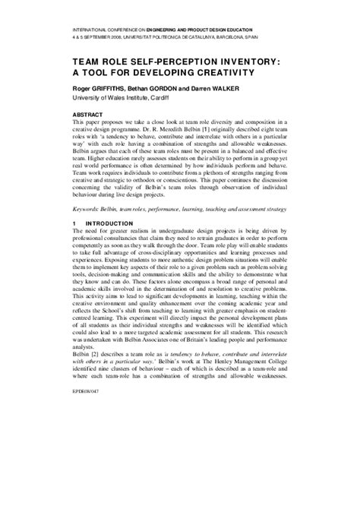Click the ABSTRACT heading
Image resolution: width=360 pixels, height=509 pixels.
[x=90, y=113]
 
